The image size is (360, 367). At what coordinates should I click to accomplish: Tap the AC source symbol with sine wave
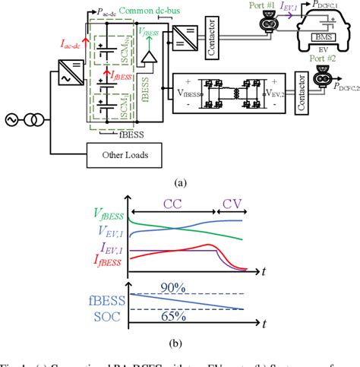tap(16, 119)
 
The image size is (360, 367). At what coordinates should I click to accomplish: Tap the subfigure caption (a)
tap(180, 182)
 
